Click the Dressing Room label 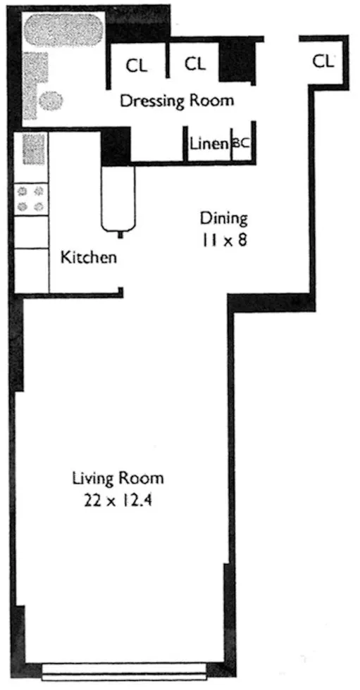coord(176,100)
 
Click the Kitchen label coord(88,257)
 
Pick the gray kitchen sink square coord(32,149)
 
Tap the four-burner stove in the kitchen coord(32,198)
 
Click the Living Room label coord(118,479)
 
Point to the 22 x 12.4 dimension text coord(118,501)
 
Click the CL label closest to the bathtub coord(137,65)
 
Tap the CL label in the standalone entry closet coord(323,61)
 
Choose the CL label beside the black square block coord(194,64)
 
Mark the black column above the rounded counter coord(116,146)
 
